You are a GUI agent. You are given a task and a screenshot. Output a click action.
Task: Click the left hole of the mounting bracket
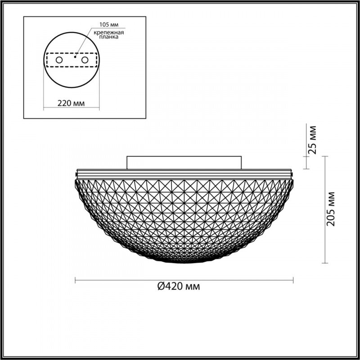[59, 59]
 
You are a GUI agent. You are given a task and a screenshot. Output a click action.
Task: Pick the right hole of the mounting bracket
[84, 59]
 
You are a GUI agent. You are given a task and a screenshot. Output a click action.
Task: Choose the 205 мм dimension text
[332, 209]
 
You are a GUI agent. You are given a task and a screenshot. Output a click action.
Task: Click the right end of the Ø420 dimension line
[293, 281]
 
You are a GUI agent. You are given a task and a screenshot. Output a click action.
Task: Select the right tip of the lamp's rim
[293, 174]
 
